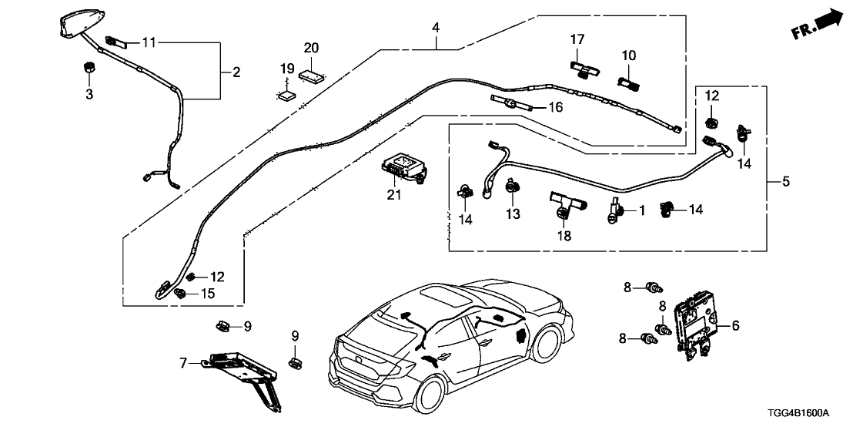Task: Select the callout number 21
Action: pos(393,195)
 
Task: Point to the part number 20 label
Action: pos(311,48)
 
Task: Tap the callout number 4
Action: pos(436,28)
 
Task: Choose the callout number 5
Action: pos(786,182)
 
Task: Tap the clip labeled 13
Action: pos(512,186)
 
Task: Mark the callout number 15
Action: pos(209,294)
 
